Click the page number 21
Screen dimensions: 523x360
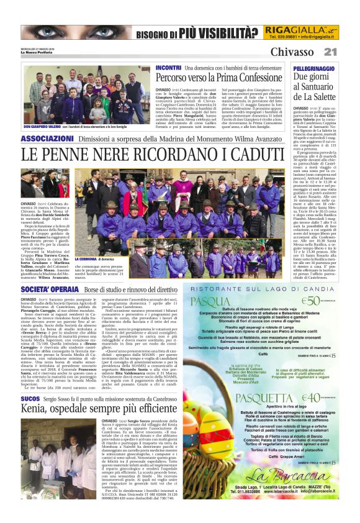point(330,52)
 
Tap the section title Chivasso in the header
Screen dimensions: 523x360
point(292,52)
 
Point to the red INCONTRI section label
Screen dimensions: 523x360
point(168,67)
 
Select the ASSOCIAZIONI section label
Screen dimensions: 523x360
point(47,137)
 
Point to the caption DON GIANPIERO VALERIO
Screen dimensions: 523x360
point(43,127)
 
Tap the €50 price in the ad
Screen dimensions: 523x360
point(310,301)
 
